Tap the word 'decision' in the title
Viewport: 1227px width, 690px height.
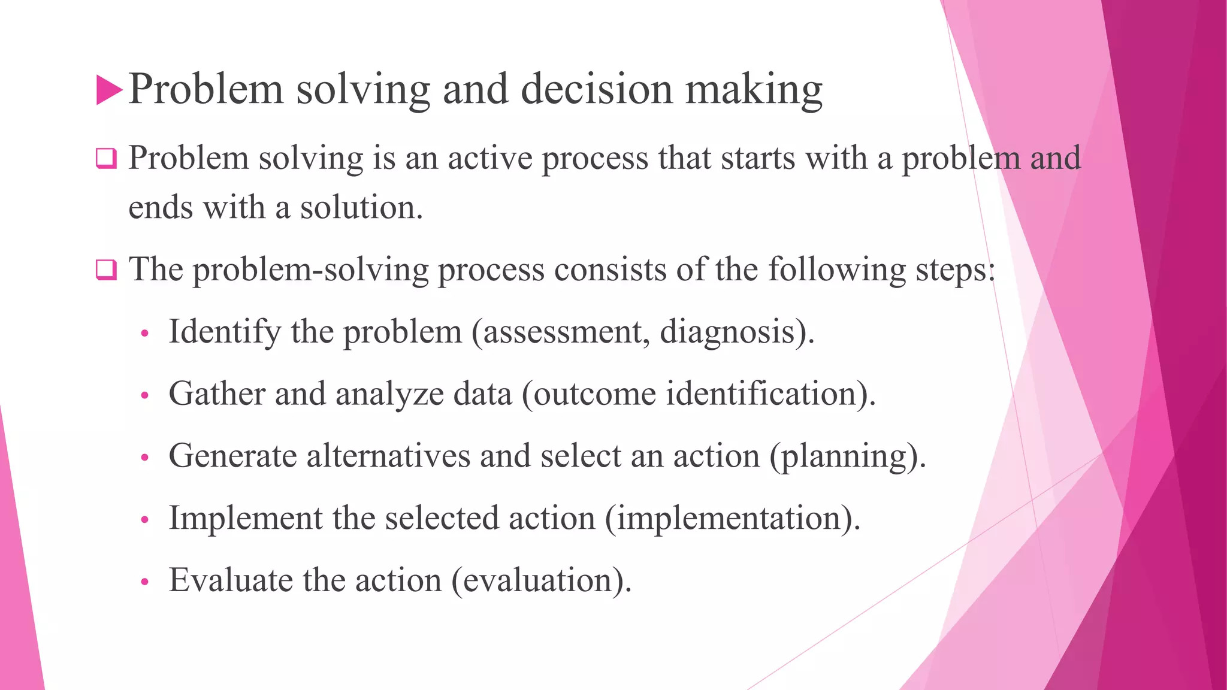[x=597, y=90]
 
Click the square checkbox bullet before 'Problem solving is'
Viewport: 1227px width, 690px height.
[x=106, y=159]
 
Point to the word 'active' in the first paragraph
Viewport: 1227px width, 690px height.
[x=489, y=159]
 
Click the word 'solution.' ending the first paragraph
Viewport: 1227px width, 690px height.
[x=361, y=208]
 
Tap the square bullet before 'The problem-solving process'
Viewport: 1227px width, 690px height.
[x=106, y=270]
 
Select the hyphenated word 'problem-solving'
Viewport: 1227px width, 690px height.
[x=310, y=270]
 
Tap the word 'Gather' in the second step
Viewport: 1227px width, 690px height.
[x=217, y=394]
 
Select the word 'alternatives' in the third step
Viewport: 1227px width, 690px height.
[x=388, y=456]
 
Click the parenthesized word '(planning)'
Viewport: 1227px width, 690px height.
[x=847, y=456]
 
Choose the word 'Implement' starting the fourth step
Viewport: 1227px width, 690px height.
[x=246, y=518]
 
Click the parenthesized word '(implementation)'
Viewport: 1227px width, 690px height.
[x=732, y=518]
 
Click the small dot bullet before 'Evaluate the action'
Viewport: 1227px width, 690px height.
[x=144, y=582]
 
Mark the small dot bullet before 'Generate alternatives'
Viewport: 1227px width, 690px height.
[x=144, y=458]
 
